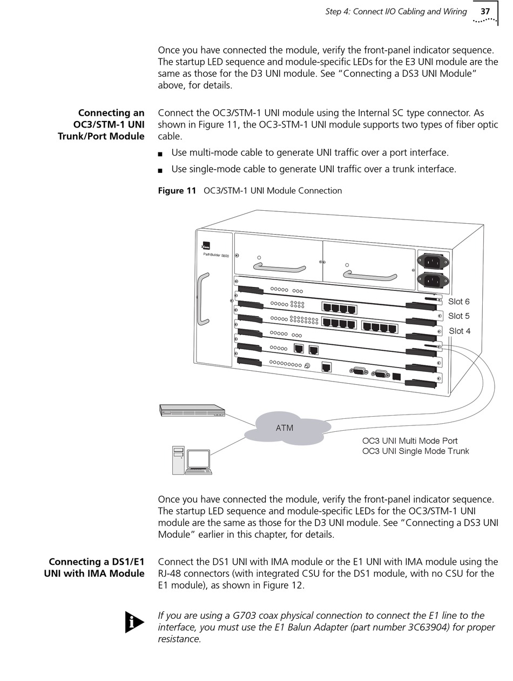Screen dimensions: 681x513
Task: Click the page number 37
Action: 485,11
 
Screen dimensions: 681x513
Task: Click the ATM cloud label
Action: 285,428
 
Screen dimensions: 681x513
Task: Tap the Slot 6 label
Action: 458,302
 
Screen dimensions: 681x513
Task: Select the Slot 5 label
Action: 458,316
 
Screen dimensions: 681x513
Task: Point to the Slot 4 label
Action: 459,331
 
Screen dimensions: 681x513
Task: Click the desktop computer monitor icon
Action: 198,459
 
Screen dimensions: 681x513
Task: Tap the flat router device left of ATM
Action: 192,410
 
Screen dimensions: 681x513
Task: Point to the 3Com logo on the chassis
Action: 206,245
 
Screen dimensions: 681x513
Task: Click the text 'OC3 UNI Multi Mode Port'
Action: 410,441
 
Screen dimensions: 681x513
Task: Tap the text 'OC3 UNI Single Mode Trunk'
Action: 415,451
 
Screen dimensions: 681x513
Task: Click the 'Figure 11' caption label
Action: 177,190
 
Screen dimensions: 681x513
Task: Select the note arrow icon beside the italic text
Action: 134,622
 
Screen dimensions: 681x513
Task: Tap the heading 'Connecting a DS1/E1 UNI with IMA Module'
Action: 94,567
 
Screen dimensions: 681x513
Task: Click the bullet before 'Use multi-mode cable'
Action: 160,154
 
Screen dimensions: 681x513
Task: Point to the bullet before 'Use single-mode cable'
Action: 160,170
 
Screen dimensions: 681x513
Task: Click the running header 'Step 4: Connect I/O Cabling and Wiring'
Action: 396,11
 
